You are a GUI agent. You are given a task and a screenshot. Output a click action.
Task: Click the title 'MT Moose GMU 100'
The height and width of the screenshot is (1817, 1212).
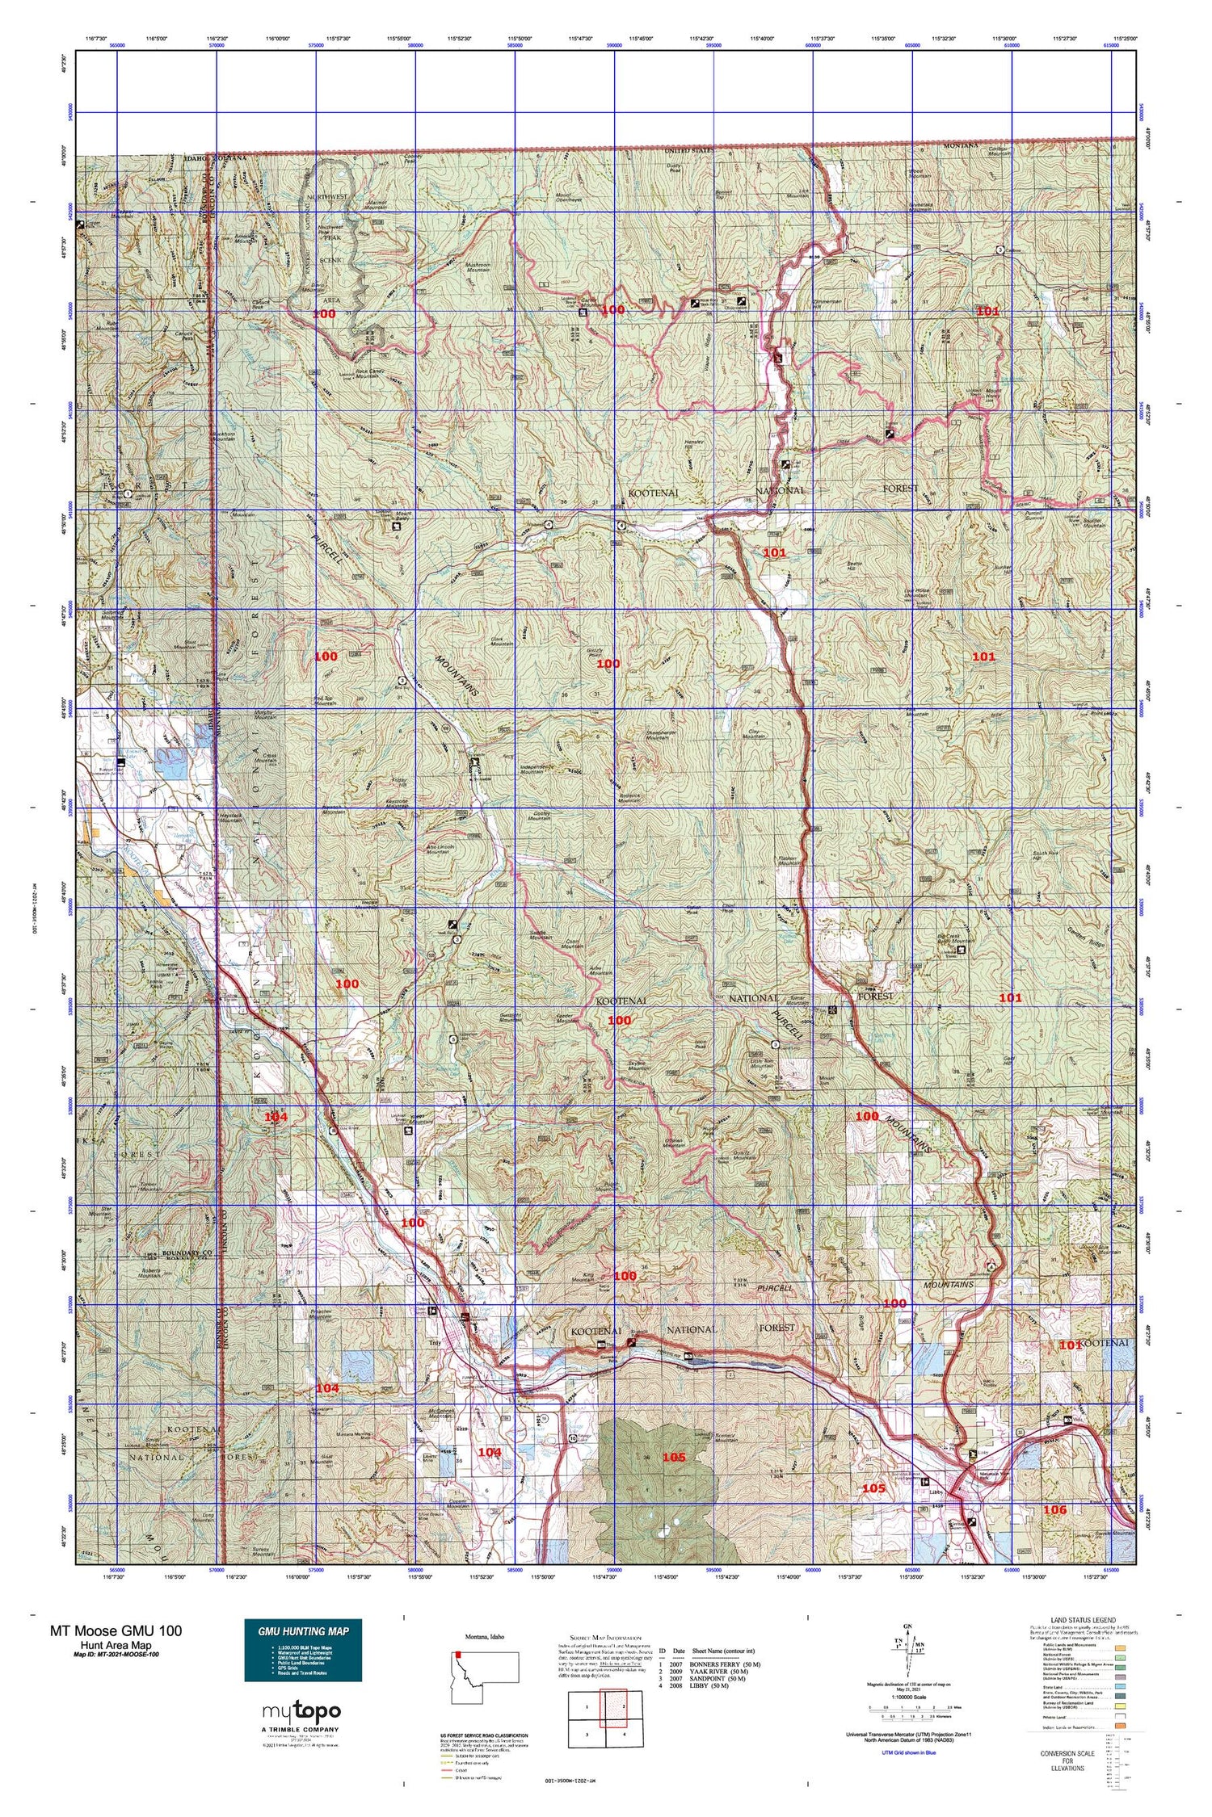pos(116,1630)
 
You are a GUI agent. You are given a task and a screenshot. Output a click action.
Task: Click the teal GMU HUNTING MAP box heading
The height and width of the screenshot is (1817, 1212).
pos(303,1630)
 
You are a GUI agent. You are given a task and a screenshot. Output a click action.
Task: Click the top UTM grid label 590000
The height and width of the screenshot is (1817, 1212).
pos(613,46)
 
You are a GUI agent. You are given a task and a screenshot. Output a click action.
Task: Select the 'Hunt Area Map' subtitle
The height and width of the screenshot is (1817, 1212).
pos(116,1645)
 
